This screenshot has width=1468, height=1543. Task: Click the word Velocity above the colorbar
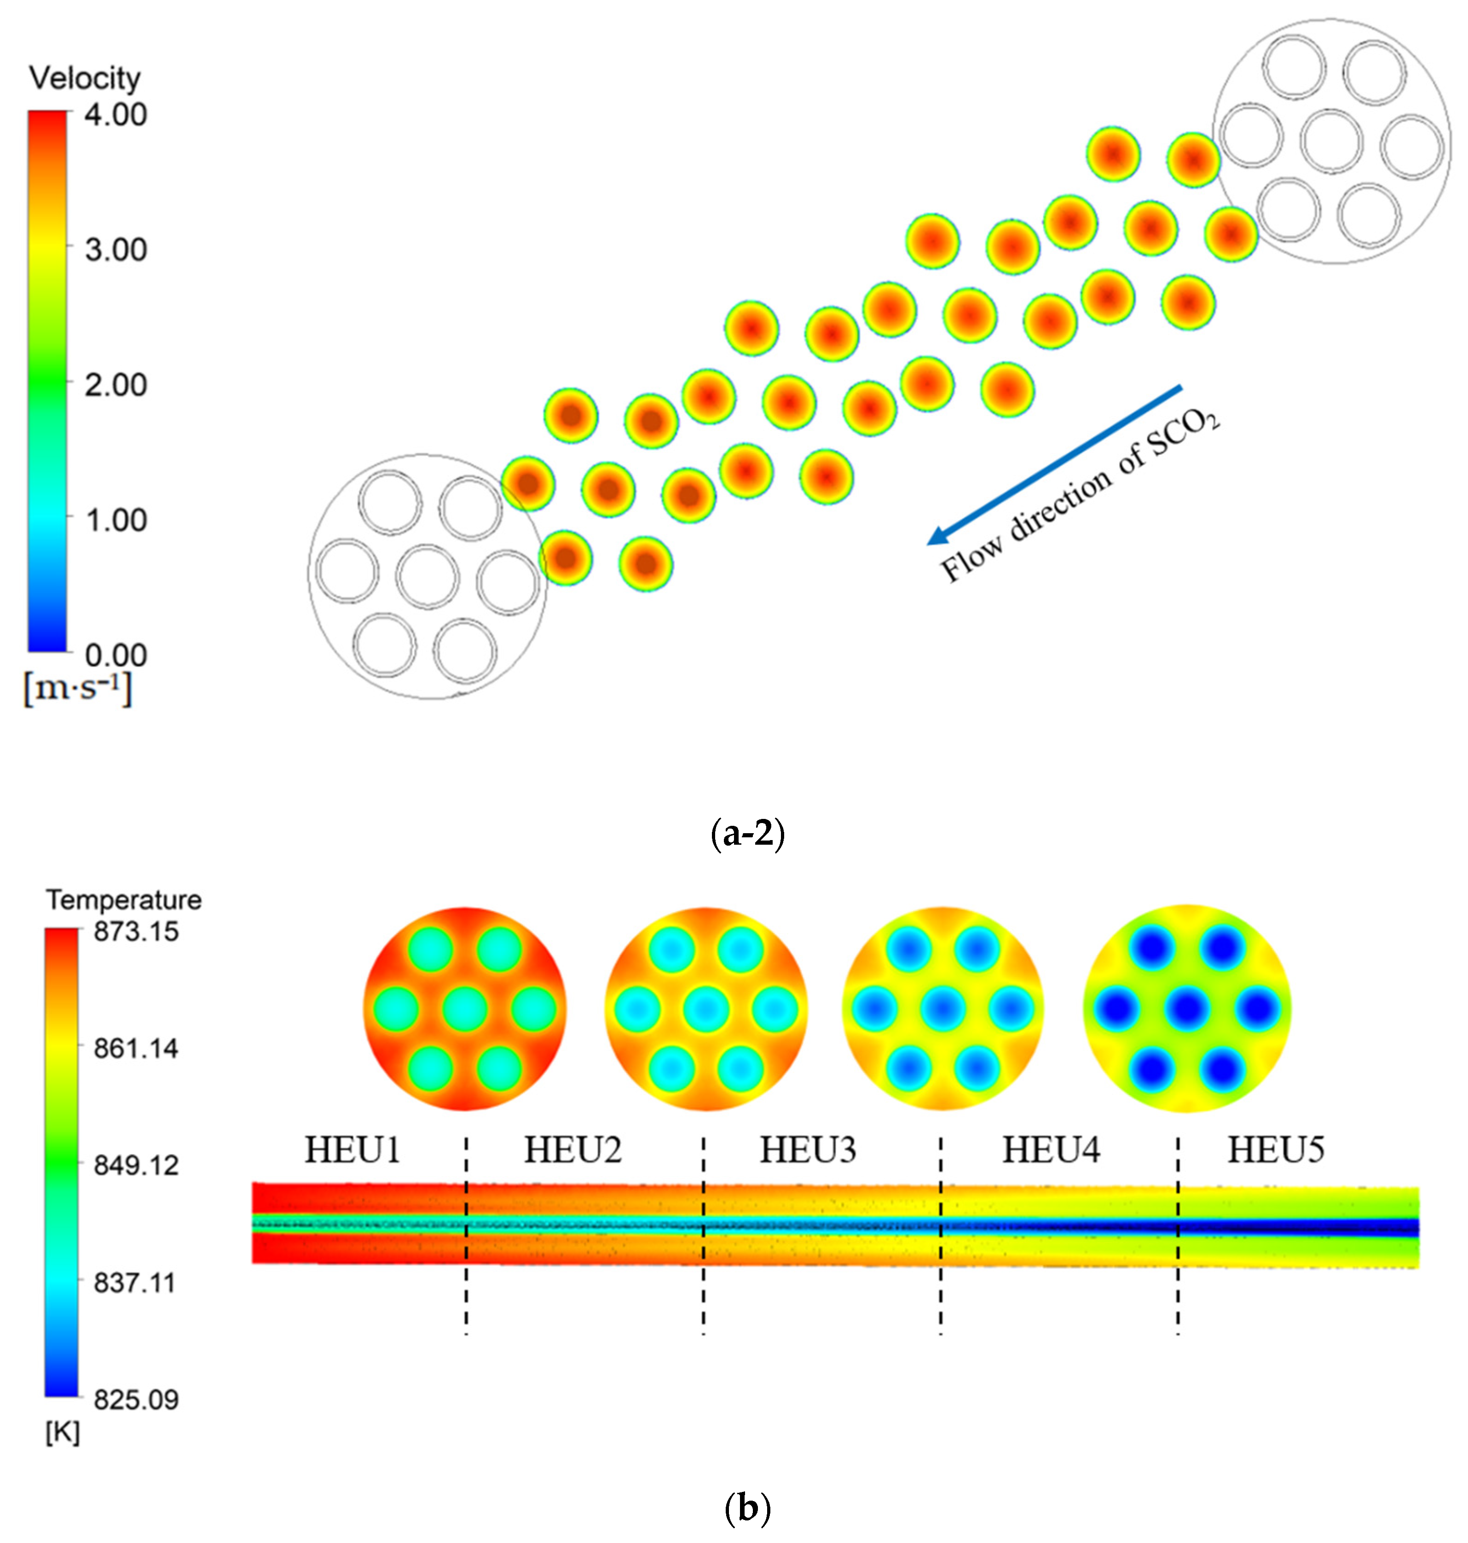click(x=85, y=78)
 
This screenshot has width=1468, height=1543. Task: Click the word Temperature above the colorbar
click(x=124, y=900)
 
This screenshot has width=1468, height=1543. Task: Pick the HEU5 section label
click(x=1276, y=1150)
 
